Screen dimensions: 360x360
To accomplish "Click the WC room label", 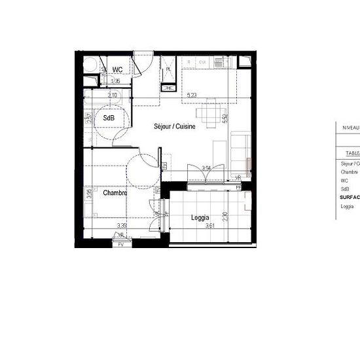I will coord(118,69).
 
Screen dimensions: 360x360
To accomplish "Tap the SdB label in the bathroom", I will coord(107,118).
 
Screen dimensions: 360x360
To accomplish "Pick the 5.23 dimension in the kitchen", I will coord(192,96).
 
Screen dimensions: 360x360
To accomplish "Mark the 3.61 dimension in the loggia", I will coord(210,226).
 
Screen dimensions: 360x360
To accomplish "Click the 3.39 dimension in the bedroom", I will coord(122,226).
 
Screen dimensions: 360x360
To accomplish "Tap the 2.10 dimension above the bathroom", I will coord(113,96).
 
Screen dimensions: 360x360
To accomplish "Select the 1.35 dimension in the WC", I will coord(115,81).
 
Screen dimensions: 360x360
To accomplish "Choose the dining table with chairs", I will coord(209,115).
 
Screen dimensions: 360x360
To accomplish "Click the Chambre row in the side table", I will coord(349,172).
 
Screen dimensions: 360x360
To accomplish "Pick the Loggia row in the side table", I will coord(348,207).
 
